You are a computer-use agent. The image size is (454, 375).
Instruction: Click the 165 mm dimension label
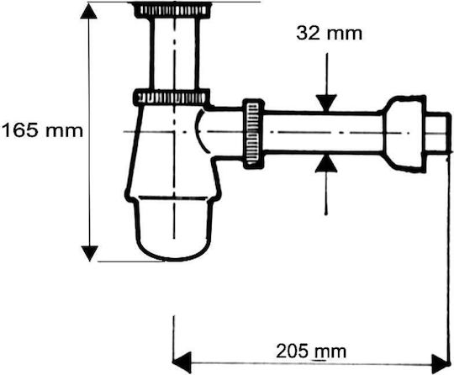(x=42, y=130)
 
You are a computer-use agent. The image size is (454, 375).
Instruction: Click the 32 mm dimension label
(x=330, y=34)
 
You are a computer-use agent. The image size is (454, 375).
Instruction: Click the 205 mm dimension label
(x=311, y=351)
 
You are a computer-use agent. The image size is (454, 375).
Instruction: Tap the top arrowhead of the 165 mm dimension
(x=88, y=12)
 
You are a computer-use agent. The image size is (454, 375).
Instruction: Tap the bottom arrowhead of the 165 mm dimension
(x=89, y=254)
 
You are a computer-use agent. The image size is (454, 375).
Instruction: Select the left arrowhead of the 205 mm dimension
(x=182, y=362)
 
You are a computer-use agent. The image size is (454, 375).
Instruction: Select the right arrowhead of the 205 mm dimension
(x=441, y=363)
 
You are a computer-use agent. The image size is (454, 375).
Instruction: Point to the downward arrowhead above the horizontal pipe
(x=326, y=103)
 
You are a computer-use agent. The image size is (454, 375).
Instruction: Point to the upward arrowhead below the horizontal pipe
(x=326, y=164)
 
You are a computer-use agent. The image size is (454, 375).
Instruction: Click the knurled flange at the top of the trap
(x=173, y=10)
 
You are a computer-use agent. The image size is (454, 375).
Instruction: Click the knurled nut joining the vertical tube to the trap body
(x=172, y=98)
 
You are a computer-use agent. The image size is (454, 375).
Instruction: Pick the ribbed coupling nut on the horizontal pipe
(x=253, y=134)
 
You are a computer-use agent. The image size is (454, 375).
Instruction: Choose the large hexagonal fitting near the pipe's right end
(x=404, y=134)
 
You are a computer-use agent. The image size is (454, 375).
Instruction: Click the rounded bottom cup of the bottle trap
(x=174, y=229)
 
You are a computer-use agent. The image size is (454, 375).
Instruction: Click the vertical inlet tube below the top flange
(x=175, y=54)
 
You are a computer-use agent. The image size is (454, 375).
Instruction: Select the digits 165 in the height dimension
(x=20, y=130)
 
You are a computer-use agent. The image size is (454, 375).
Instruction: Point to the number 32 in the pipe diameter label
(x=308, y=34)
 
